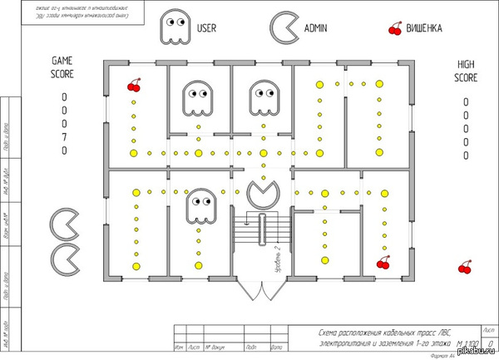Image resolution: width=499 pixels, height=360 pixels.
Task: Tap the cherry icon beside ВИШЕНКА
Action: pos(394,29)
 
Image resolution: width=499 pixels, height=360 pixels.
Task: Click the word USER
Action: pos(207,28)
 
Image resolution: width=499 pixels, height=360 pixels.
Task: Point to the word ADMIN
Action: pos(316,28)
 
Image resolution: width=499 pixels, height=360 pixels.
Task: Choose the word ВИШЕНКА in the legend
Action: pos(423,28)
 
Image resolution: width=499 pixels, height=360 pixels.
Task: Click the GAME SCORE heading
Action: pos(63,67)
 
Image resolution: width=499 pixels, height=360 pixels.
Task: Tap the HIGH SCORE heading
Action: pos(466,72)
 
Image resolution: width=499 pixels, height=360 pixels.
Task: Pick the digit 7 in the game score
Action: pos(64,137)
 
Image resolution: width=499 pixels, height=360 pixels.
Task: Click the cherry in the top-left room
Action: pos(133,85)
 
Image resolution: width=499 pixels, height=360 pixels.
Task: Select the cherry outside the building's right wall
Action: pos(465,267)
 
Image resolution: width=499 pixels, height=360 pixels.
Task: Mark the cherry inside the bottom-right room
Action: pos(383,263)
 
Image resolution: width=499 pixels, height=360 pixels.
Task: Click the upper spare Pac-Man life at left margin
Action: pos(65,223)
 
